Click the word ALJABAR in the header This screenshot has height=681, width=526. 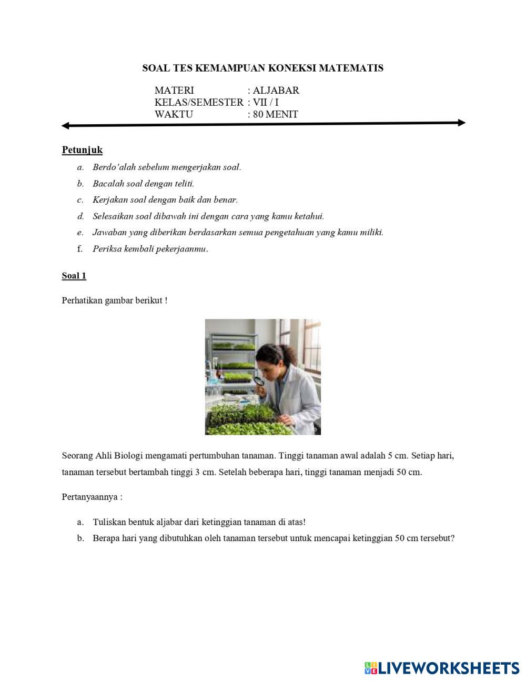tap(276, 91)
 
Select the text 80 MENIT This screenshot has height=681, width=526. tap(275, 114)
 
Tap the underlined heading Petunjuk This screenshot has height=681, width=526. tap(82, 150)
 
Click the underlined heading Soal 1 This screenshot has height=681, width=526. tap(74, 276)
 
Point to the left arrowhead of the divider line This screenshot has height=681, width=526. tap(65, 126)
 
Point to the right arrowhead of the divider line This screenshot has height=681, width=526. tap(461, 123)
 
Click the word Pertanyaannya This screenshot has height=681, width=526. tap(91, 497)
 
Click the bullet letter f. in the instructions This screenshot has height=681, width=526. tap(80, 249)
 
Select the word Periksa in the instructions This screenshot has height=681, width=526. tap(107, 249)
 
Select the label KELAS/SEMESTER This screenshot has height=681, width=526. tap(199, 102)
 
